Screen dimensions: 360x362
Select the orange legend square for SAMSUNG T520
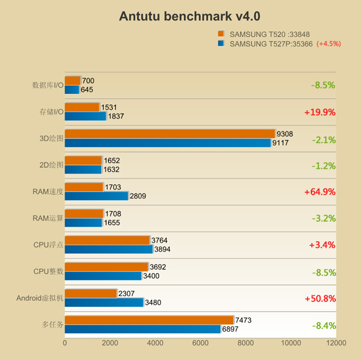click(221, 34)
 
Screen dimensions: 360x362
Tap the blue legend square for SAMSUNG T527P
click(221, 43)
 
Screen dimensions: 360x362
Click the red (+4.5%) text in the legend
click(329, 43)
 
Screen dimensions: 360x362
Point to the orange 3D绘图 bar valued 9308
click(170, 134)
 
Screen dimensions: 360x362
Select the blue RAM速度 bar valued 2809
click(97, 196)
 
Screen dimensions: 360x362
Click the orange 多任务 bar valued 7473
click(149, 320)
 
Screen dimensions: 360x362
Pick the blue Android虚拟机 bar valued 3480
click(104, 302)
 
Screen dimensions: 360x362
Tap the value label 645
click(87, 90)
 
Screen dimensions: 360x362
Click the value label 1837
click(116, 116)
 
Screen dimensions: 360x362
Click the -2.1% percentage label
click(323, 139)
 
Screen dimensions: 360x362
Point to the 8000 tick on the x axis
click(246, 343)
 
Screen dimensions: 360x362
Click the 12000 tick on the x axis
click(336, 343)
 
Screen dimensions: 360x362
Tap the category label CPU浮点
click(48, 245)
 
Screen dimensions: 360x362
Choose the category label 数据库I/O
click(48, 85)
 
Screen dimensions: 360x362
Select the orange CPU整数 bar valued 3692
click(106, 267)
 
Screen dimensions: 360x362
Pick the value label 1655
click(112, 223)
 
